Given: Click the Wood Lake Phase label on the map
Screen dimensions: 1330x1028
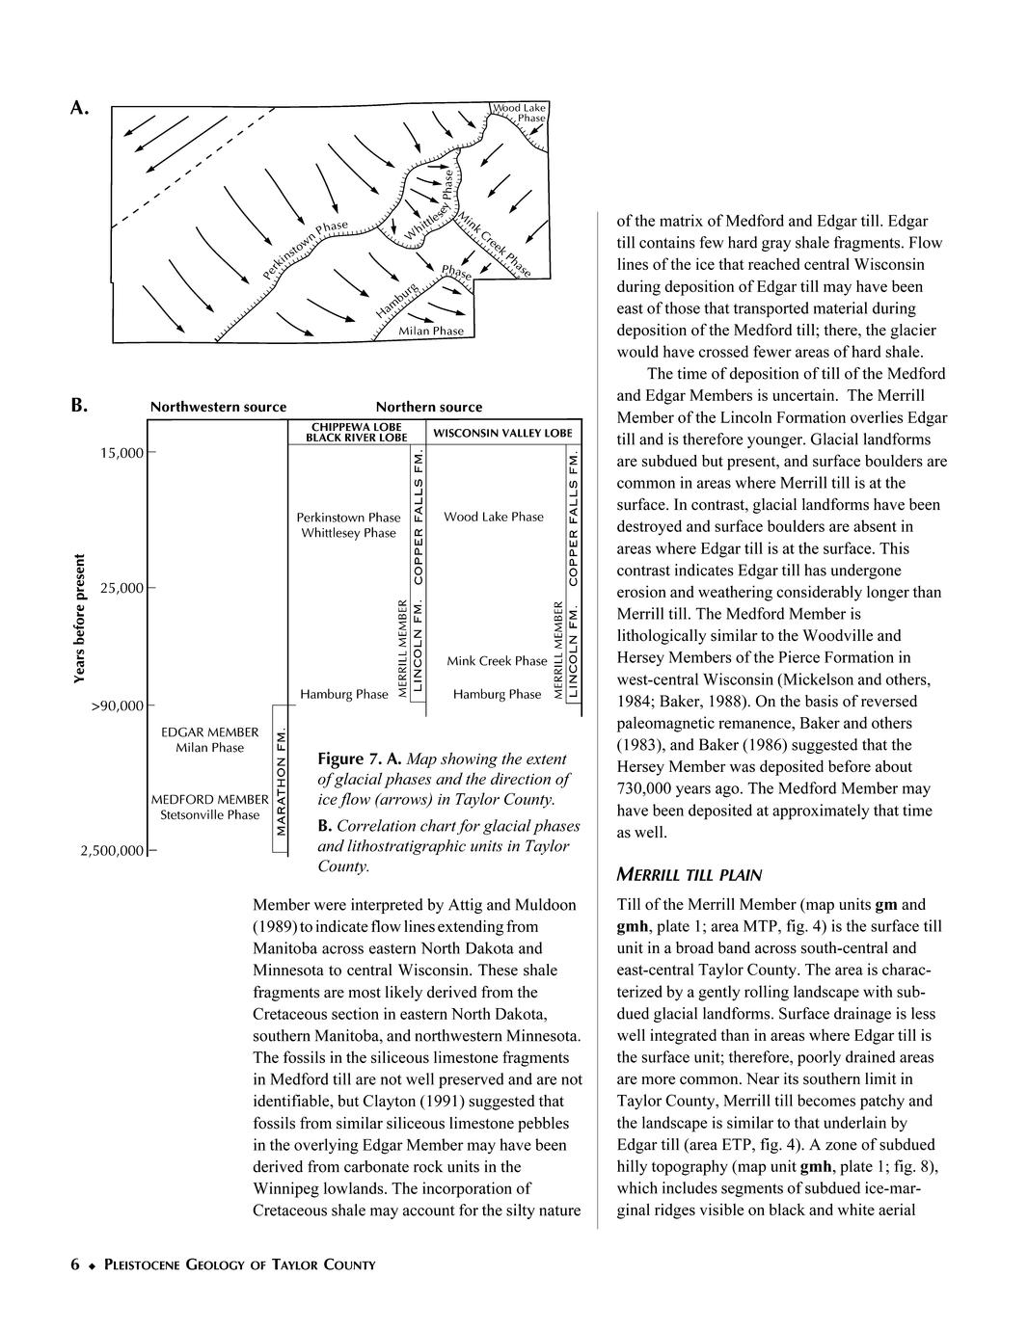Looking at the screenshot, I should tap(520, 113).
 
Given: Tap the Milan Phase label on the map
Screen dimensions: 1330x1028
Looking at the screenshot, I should tap(431, 331).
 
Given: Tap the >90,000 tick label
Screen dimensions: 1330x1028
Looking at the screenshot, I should tap(117, 705).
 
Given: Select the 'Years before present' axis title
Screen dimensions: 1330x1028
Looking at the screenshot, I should tap(80, 619).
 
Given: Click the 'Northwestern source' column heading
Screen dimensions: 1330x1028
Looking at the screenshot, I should tap(218, 407).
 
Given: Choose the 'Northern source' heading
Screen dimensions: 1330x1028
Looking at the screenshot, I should tap(429, 407).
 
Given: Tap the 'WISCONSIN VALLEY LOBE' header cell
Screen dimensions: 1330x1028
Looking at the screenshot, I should tap(502, 433).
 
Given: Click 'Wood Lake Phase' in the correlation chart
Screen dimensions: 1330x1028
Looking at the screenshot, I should tap(494, 517).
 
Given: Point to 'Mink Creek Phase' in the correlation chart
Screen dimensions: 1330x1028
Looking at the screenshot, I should tap(497, 661).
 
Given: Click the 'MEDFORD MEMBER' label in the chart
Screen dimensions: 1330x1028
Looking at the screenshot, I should tap(209, 799).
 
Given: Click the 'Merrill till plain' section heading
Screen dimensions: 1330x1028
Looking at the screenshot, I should tap(690, 875).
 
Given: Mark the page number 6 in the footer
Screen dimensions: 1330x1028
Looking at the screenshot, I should tap(74, 1264).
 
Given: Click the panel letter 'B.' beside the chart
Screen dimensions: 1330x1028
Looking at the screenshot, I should tap(80, 405).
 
